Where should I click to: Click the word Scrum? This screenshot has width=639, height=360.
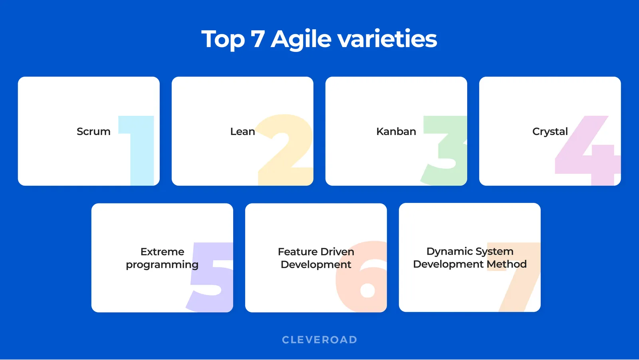(93, 131)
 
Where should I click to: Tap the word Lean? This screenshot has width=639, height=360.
(242, 131)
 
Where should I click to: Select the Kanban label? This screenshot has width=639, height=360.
(396, 131)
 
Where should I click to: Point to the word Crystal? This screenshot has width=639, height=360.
(550, 132)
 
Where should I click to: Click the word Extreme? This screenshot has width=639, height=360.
(162, 252)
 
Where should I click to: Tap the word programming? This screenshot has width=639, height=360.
(162, 265)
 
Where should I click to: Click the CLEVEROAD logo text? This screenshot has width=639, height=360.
(319, 340)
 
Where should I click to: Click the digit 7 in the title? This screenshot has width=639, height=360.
(258, 39)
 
